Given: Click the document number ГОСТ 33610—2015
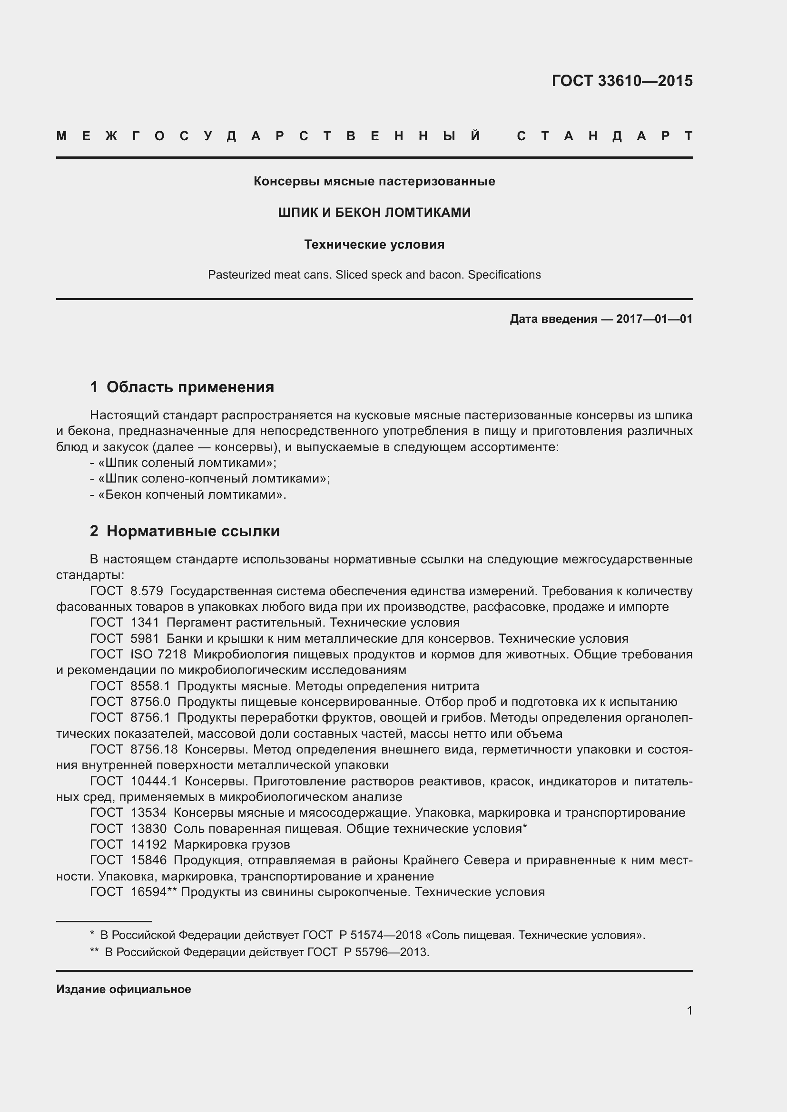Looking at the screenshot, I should pyautogui.click(x=622, y=81).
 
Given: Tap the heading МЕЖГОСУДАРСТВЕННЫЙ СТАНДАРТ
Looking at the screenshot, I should pyautogui.click(x=374, y=136).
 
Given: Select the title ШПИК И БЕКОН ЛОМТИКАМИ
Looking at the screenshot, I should pyautogui.click(x=374, y=213).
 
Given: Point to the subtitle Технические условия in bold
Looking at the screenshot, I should pyautogui.click(x=374, y=244).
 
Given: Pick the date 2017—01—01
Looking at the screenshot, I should pyautogui.click(x=654, y=319).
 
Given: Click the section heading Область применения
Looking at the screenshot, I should pyautogui.click(x=190, y=387).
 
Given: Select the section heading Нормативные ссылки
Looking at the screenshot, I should pyautogui.click(x=193, y=532).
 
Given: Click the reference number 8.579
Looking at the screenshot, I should pyautogui.click(x=147, y=591).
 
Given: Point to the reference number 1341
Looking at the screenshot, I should pyautogui.click(x=145, y=622).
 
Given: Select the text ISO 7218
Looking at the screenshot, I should pyautogui.click(x=158, y=654).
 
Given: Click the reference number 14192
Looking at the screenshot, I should pyautogui.click(x=148, y=845).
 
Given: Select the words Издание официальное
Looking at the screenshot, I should pyautogui.click(x=124, y=989).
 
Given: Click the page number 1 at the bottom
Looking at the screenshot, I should pyautogui.click(x=689, y=1011).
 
